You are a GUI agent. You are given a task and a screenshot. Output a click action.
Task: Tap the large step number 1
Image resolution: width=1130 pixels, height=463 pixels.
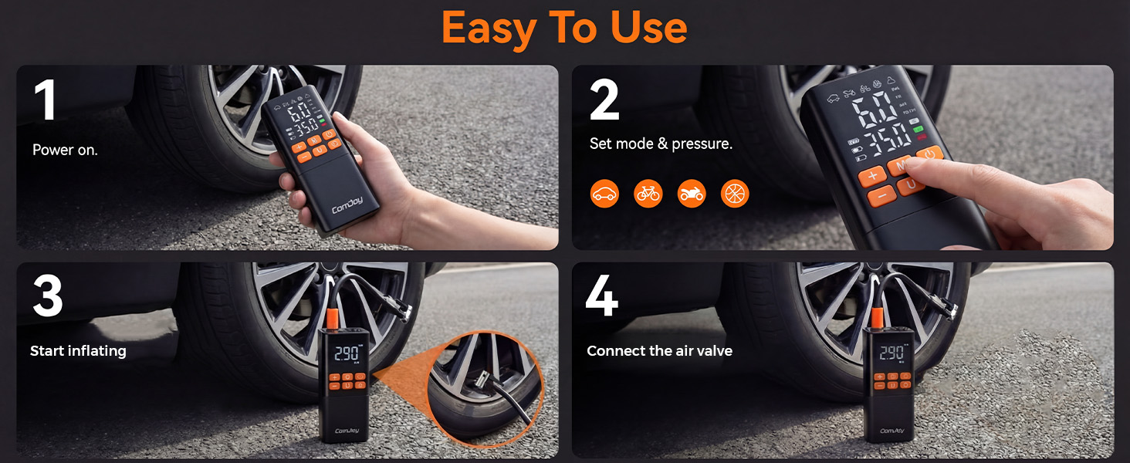(46, 101)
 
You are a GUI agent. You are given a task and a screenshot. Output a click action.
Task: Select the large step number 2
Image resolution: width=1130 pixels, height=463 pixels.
(604, 101)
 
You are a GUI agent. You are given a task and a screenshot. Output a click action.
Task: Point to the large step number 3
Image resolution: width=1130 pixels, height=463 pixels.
(47, 296)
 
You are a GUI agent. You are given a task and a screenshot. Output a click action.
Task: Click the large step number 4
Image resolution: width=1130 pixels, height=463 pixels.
(602, 296)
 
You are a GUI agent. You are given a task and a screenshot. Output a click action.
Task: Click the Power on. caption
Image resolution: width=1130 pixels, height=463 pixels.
(65, 150)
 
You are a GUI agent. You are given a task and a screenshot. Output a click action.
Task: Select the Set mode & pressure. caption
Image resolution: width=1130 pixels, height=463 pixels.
(661, 144)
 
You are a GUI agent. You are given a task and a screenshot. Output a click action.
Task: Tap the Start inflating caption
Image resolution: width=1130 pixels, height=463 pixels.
(78, 351)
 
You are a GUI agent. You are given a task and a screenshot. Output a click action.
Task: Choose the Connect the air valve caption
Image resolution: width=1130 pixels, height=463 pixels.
(659, 351)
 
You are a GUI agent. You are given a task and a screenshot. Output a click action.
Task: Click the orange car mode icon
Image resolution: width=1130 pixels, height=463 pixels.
(605, 194)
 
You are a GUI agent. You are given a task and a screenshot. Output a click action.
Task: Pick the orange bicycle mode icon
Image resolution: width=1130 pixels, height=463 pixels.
(648, 194)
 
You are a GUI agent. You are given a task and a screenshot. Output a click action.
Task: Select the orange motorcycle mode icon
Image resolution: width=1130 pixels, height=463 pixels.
(692, 194)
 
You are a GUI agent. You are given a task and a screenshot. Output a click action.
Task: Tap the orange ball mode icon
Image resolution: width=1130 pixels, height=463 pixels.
(735, 194)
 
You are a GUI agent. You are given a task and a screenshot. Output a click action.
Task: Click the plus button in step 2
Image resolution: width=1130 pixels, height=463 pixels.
(872, 176)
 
